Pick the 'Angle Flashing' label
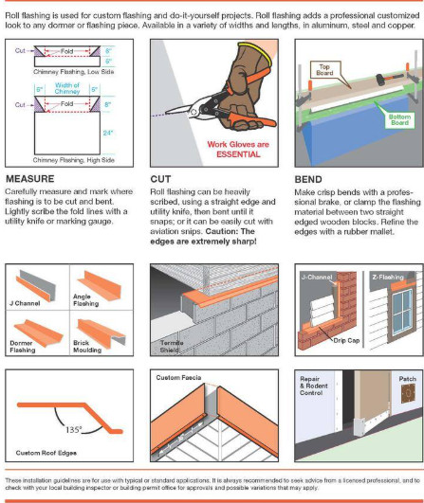pos(96,304)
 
